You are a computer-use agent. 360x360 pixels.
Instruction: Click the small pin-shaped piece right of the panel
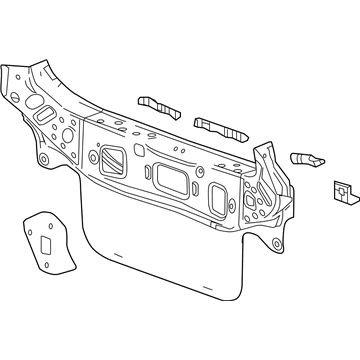[x=305, y=157]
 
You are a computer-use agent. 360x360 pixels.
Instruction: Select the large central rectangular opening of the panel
[x=173, y=180]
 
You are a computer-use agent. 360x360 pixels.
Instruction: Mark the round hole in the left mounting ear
[x=43, y=161]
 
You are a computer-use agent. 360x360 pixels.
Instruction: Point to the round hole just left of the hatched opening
[x=95, y=155]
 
